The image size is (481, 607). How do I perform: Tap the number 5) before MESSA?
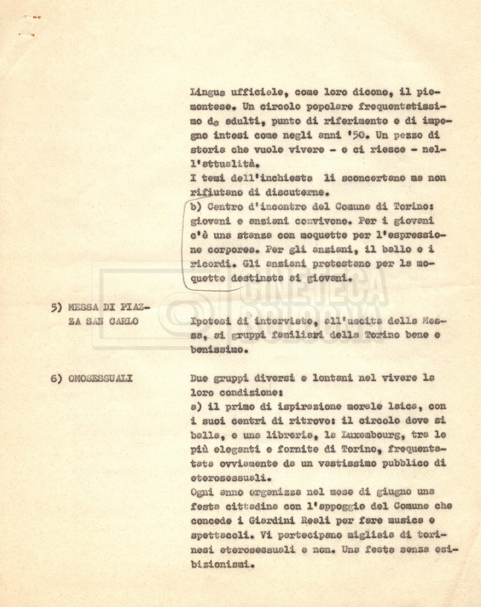point(57,307)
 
